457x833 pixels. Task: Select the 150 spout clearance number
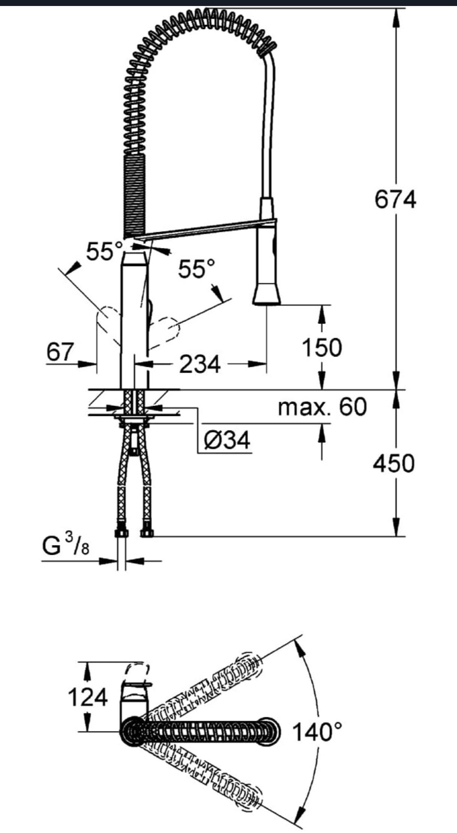click(x=322, y=348)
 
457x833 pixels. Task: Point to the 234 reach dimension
click(x=200, y=364)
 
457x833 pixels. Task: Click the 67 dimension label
click(x=60, y=352)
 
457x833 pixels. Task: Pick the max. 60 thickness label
click(x=322, y=406)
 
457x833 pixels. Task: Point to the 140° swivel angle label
click(x=317, y=732)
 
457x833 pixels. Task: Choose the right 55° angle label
click(x=197, y=268)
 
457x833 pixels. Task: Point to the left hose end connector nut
click(x=121, y=533)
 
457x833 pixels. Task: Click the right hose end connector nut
click(x=147, y=533)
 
